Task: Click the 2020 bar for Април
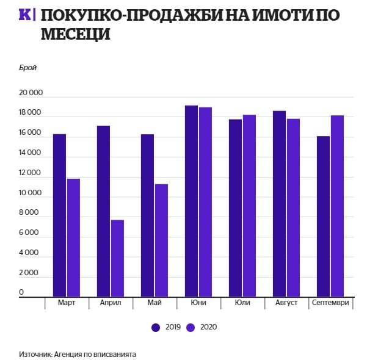[x=117, y=257]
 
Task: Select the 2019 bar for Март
[x=59, y=215]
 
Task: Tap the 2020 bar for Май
[x=161, y=240]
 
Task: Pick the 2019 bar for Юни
[x=191, y=201]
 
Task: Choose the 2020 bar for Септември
[x=338, y=206]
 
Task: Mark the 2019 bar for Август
[x=279, y=203]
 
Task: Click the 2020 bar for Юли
[x=249, y=205]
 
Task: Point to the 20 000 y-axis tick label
[x=30, y=93]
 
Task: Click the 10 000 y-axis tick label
[x=30, y=193]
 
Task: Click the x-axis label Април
[x=110, y=303]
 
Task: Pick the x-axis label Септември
[x=330, y=303]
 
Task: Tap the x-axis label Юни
[x=198, y=303]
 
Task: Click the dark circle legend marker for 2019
[x=156, y=327]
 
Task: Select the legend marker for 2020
[x=191, y=327]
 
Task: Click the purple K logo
[x=26, y=15]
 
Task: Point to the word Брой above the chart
[x=28, y=68]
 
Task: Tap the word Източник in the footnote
[x=35, y=354]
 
